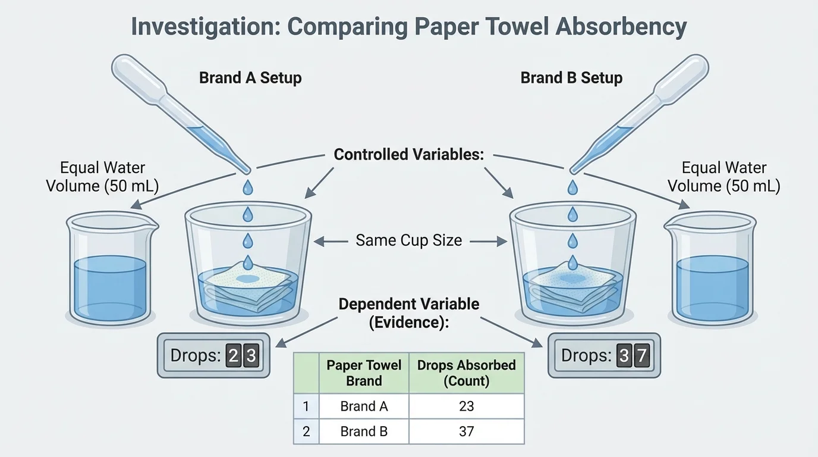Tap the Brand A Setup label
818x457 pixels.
[x=250, y=78]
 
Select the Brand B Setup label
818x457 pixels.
[x=571, y=78]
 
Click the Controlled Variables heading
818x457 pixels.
[x=409, y=155]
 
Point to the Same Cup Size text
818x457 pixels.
[x=409, y=240]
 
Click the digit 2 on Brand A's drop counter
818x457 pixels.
[x=234, y=356]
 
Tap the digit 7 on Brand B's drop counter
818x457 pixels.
[x=641, y=356]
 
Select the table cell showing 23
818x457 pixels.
[x=466, y=406]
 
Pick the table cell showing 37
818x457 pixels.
[x=466, y=431]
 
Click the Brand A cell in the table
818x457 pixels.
[x=364, y=406]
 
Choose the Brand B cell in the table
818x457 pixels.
[x=364, y=431]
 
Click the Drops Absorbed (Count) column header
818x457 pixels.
[x=466, y=373]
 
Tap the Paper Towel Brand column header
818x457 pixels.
[x=364, y=373]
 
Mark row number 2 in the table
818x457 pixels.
[x=306, y=431]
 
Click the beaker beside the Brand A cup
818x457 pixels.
[x=110, y=271]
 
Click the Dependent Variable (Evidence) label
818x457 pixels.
[x=409, y=312]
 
